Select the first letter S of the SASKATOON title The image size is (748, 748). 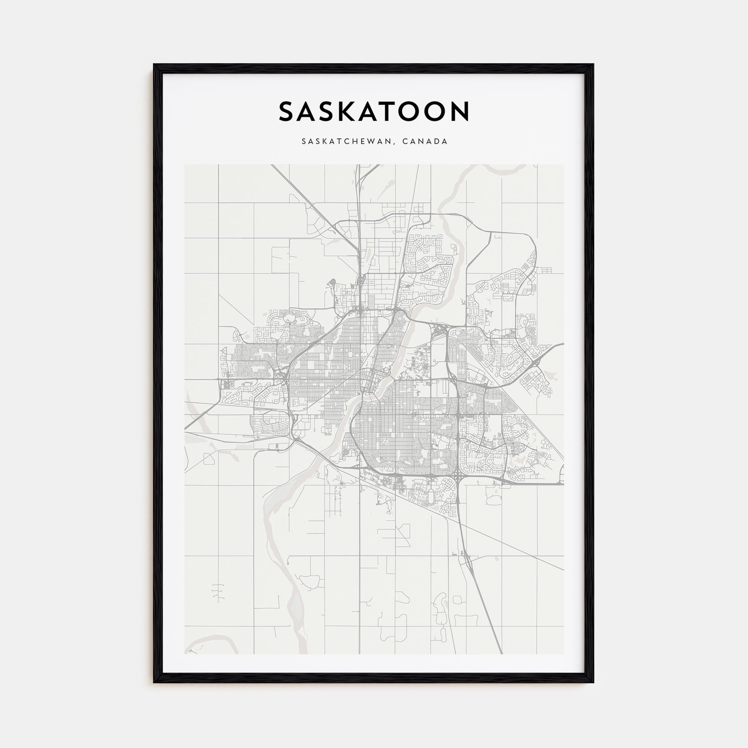287,111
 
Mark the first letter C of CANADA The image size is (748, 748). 405,141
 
